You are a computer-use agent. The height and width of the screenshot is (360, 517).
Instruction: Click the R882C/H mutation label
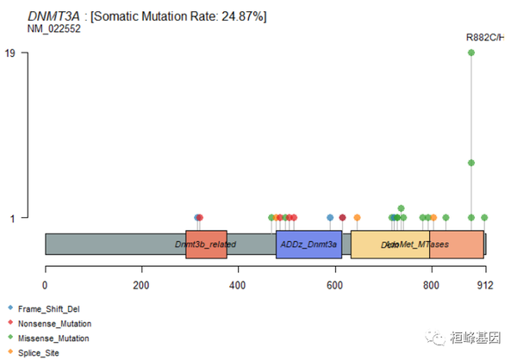click(x=485, y=37)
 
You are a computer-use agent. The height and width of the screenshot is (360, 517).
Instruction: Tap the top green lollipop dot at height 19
click(x=471, y=53)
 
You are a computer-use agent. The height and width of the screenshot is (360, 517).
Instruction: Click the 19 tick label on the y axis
click(x=9, y=53)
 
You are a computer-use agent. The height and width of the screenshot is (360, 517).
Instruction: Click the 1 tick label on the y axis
click(x=12, y=218)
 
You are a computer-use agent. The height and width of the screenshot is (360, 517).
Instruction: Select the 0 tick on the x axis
click(x=45, y=285)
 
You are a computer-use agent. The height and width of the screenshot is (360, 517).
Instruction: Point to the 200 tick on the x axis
click(x=141, y=285)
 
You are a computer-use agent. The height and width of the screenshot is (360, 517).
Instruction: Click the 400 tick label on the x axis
click(x=238, y=285)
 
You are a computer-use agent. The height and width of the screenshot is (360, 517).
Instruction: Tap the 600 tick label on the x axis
click(x=334, y=285)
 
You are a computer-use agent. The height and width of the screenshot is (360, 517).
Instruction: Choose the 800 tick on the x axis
click(x=431, y=285)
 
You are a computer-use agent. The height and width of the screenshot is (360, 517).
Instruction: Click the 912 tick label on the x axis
click(x=485, y=285)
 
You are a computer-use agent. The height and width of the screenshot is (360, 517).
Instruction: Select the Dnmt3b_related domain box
click(x=206, y=245)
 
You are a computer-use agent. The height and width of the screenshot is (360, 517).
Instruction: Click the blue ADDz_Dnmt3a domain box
click(x=308, y=245)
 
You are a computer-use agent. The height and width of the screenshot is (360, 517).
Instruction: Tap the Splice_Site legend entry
click(x=39, y=353)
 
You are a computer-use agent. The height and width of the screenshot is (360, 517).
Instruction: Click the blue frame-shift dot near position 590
click(x=330, y=218)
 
